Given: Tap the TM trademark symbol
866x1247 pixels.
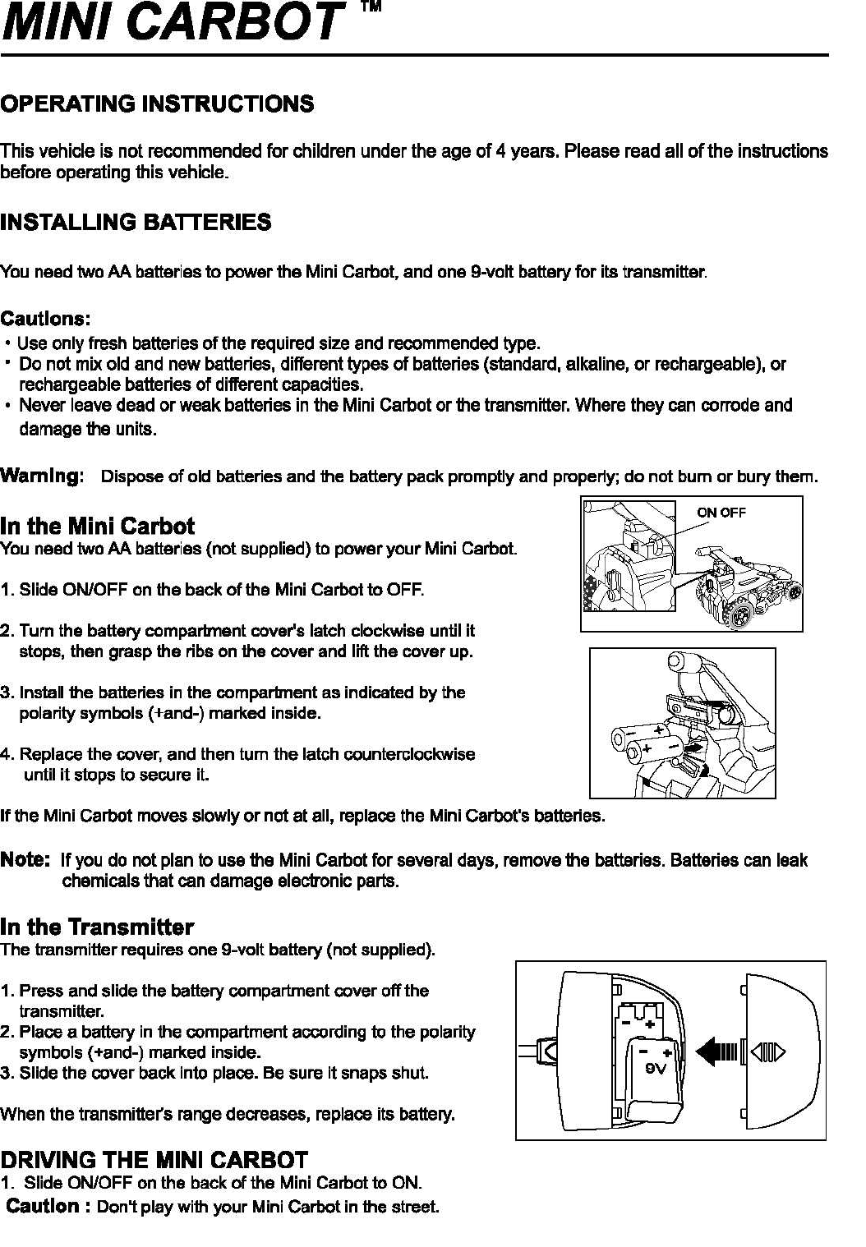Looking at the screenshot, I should [x=371, y=7].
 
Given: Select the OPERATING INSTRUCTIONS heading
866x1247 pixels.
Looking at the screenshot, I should [x=157, y=104].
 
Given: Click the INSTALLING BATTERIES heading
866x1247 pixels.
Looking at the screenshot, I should [x=136, y=222].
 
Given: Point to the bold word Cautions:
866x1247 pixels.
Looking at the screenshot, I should [x=45, y=318].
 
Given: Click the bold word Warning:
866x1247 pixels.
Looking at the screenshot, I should [x=42, y=476].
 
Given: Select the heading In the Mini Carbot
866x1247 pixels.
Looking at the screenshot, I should [x=97, y=526].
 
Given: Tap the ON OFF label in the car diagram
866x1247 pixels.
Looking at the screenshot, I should [x=721, y=513].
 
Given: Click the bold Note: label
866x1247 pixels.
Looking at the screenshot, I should [x=25, y=859].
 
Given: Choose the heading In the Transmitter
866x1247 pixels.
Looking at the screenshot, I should [x=97, y=927].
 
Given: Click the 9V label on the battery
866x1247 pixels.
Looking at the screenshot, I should [x=655, y=1069].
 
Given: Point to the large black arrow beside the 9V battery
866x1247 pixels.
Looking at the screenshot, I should [x=717, y=1051].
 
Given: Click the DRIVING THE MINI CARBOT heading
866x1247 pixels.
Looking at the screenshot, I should [x=154, y=1160].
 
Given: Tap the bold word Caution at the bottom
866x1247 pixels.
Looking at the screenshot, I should [x=44, y=1206].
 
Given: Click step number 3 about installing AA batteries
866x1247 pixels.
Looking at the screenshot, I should [x=7, y=693].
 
